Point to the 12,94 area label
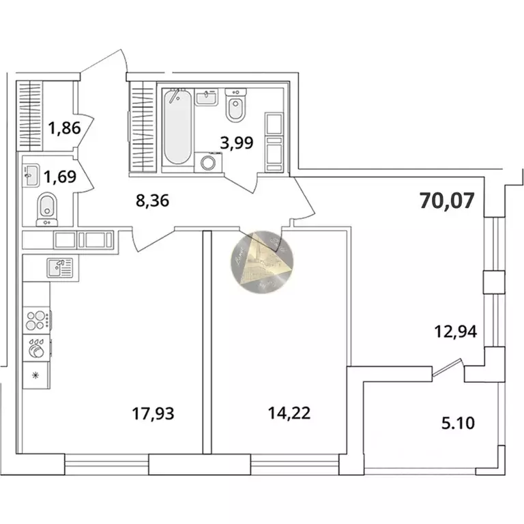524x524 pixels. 455,332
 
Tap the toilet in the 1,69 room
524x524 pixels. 46,207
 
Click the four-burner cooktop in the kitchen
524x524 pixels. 36,319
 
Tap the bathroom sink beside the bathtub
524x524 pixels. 207,98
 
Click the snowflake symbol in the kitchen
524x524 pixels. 35,375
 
